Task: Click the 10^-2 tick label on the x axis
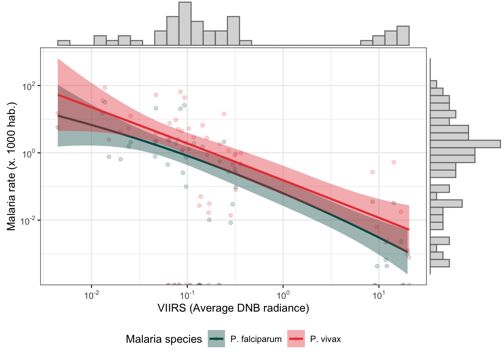pyautogui.click(x=91, y=295)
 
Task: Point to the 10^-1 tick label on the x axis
pyautogui.click(x=187, y=295)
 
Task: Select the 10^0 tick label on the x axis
pyautogui.click(x=283, y=295)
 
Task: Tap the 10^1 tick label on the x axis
pyautogui.click(x=379, y=295)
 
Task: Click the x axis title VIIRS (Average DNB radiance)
pyautogui.click(x=233, y=308)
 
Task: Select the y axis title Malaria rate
pyautogui.click(x=12, y=166)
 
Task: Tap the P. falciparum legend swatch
pyautogui.click(x=216, y=339)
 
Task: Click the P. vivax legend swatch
pyautogui.click(x=296, y=339)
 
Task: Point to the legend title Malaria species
pyautogui.click(x=164, y=339)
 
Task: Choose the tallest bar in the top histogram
pyautogui.click(x=185, y=24)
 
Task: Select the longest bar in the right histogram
pyautogui.click(x=465, y=144)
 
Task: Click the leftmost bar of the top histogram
pyautogui.click(x=64, y=43)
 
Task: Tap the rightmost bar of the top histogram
pyautogui.click(x=403, y=36)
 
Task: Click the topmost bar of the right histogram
pyautogui.click(x=433, y=84)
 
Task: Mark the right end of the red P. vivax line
pyautogui.click(x=409, y=229)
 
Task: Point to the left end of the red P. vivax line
pyautogui.click(x=58, y=95)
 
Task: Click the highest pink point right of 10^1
pyautogui.click(x=394, y=162)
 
